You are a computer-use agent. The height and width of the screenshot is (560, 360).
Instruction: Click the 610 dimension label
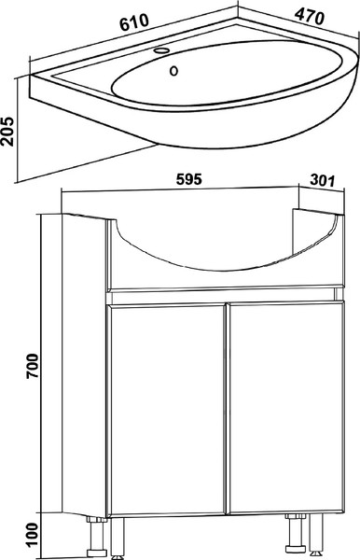click(x=133, y=22)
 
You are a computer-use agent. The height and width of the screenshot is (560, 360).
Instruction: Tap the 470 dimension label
click(x=310, y=17)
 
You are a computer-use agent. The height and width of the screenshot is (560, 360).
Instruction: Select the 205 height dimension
click(x=7, y=131)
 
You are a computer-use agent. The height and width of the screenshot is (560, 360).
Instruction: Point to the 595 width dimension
click(x=189, y=179)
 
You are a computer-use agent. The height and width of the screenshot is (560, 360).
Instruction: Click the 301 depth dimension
click(x=322, y=180)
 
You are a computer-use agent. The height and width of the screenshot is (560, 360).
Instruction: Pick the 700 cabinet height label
click(x=32, y=366)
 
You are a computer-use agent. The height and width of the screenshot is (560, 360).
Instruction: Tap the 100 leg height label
click(x=32, y=535)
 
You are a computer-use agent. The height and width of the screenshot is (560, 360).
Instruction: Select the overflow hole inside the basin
click(x=173, y=71)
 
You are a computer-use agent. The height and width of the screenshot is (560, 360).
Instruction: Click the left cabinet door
click(x=168, y=410)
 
